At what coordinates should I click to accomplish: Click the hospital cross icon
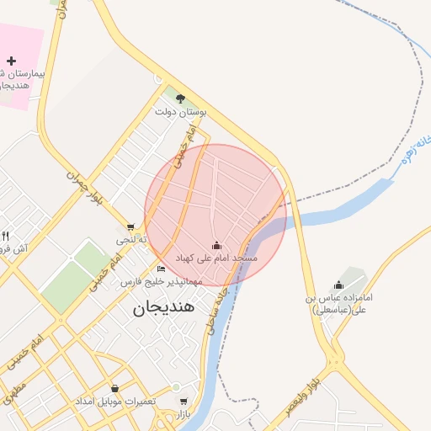(x=11, y=61)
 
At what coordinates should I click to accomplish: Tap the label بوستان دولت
(x=180, y=111)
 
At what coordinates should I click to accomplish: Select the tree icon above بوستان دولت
(x=180, y=98)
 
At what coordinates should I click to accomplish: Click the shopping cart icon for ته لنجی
(x=130, y=226)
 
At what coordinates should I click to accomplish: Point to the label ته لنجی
(x=132, y=240)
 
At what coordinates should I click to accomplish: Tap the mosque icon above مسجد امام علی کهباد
(x=217, y=245)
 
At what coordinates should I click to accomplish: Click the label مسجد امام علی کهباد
(x=216, y=256)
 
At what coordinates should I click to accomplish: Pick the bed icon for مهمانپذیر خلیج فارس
(x=161, y=269)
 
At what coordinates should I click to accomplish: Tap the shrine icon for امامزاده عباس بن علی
(x=338, y=285)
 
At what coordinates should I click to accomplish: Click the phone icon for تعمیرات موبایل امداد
(x=115, y=389)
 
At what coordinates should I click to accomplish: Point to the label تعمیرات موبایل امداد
(x=116, y=401)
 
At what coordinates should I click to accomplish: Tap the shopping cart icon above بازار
(x=184, y=402)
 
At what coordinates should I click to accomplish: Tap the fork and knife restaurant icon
(x=5, y=236)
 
